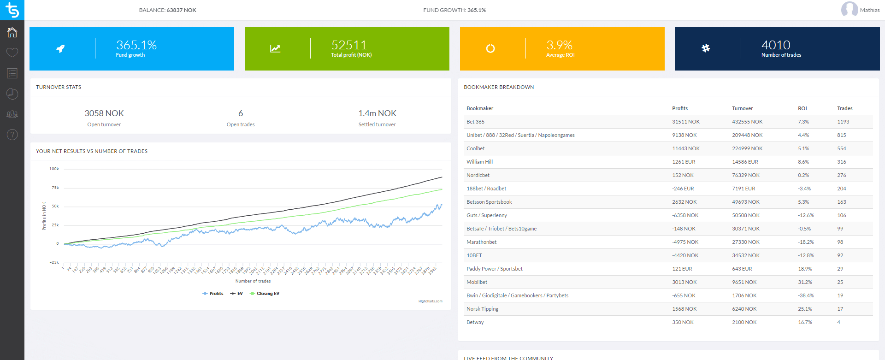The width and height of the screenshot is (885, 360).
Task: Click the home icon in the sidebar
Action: (12, 32)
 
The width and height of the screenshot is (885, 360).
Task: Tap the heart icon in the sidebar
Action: (12, 53)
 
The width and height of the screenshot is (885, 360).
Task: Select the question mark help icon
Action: (12, 135)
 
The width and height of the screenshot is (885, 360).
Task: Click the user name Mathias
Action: (869, 10)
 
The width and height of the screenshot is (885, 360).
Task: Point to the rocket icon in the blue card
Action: (60, 48)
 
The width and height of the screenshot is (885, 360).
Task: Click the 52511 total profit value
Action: (349, 45)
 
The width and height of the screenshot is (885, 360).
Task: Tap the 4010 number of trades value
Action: (776, 45)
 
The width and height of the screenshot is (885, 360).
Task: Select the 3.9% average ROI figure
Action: (559, 45)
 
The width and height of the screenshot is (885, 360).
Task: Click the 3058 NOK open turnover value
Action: (104, 113)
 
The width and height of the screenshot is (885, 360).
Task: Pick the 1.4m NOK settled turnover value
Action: (377, 113)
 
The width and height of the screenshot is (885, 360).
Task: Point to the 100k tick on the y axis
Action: (54, 169)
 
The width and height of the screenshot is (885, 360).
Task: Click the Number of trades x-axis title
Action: (253, 281)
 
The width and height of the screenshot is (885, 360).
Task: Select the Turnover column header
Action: (742, 109)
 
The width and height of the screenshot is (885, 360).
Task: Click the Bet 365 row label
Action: (475, 122)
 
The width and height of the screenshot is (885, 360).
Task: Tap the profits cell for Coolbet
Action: (685, 149)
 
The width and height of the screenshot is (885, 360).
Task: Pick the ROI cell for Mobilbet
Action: (805, 283)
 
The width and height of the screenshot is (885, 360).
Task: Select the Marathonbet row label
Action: (481, 242)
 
